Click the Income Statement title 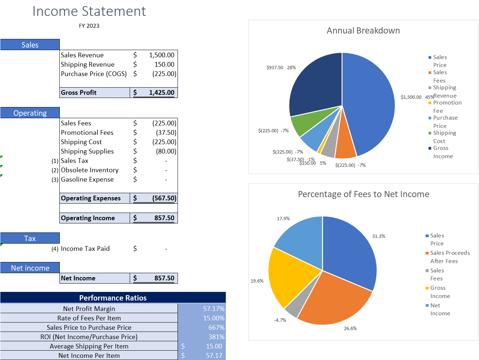coord(89,11)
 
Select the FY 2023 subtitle coord(89,26)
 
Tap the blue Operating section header coord(30,113)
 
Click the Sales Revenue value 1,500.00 coord(162,55)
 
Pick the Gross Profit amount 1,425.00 coord(161,93)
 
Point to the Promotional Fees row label coord(87,133)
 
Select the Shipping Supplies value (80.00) coord(166,151)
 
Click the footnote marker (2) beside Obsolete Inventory coord(55,170)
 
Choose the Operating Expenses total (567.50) coord(164,198)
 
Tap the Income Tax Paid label coord(85,249)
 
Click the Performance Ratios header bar coord(113,298)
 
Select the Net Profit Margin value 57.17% coord(214,309)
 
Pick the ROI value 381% coord(216,337)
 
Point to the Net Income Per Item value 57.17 coord(214,356)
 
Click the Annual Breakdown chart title coord(363,31)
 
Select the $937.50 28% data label coord(281,68)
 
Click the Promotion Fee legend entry coord(447,107)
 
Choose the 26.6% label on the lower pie coord(350,329)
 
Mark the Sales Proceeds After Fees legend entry coord(449,257)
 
